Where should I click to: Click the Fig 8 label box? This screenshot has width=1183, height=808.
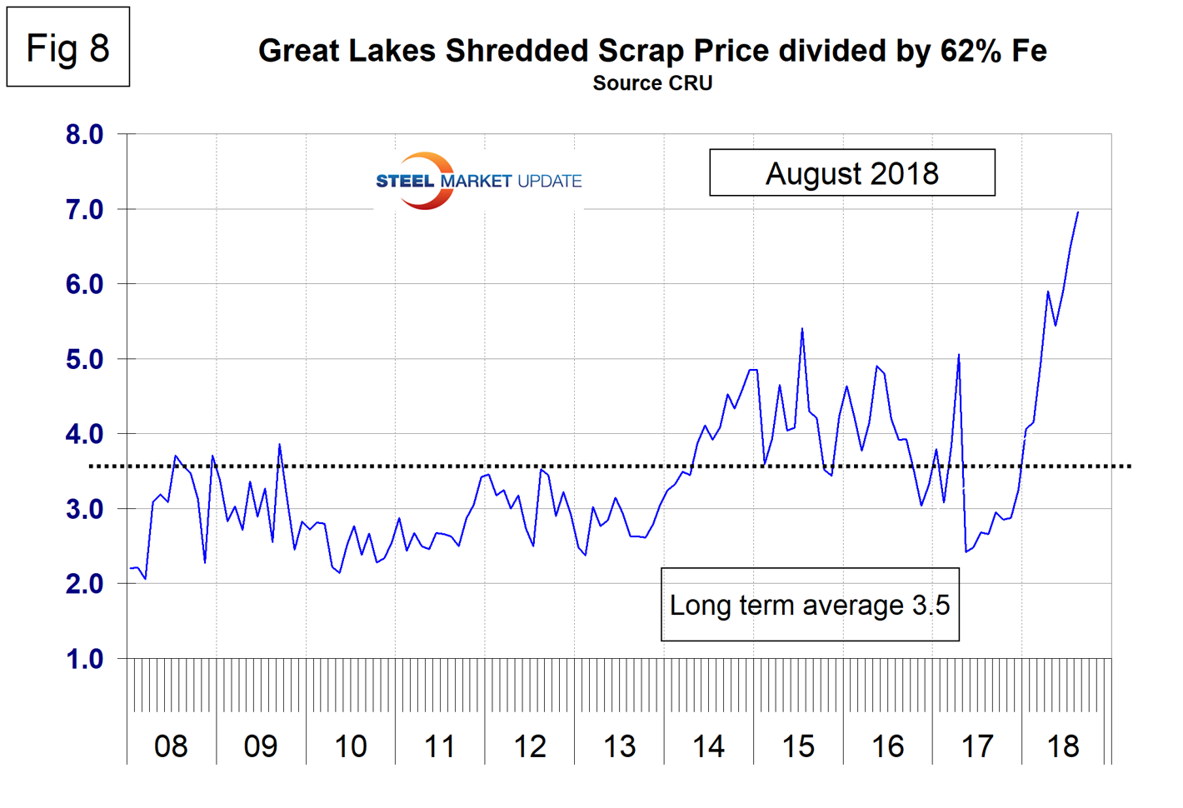tap(68, 47)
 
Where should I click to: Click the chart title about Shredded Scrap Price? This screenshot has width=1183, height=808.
tap(652, 51)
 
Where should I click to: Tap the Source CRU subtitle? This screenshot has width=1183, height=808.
tap(652, 83)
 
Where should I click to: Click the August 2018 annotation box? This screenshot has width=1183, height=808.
tap(851, 173)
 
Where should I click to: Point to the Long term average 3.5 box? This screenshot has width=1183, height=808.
tap(810, 605)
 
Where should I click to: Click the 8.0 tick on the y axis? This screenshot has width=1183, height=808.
tap(84, 134)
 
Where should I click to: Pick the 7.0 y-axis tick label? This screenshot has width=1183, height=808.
tap(84, 209)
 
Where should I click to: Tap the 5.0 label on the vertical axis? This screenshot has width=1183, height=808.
tap(84, 359)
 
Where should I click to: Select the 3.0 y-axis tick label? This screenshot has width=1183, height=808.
tap(84, 509)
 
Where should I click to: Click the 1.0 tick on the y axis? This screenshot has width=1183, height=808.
tap(84, 659)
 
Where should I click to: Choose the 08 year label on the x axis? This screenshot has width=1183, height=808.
tap(171, 746)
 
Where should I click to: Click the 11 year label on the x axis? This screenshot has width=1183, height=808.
tap(440, 746)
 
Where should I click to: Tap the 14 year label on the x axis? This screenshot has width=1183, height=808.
tap(708, 746)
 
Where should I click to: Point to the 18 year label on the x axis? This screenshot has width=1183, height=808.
tap(1063, 746)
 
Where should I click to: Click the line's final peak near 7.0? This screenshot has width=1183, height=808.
tap(1078, 212)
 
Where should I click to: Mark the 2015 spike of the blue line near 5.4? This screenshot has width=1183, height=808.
tap(801, 328)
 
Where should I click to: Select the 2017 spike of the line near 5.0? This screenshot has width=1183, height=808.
tap(959, 355)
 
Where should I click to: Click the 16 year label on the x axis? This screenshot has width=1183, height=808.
tap(888, 746)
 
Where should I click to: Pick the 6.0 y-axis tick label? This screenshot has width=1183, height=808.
tap(84, 284)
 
